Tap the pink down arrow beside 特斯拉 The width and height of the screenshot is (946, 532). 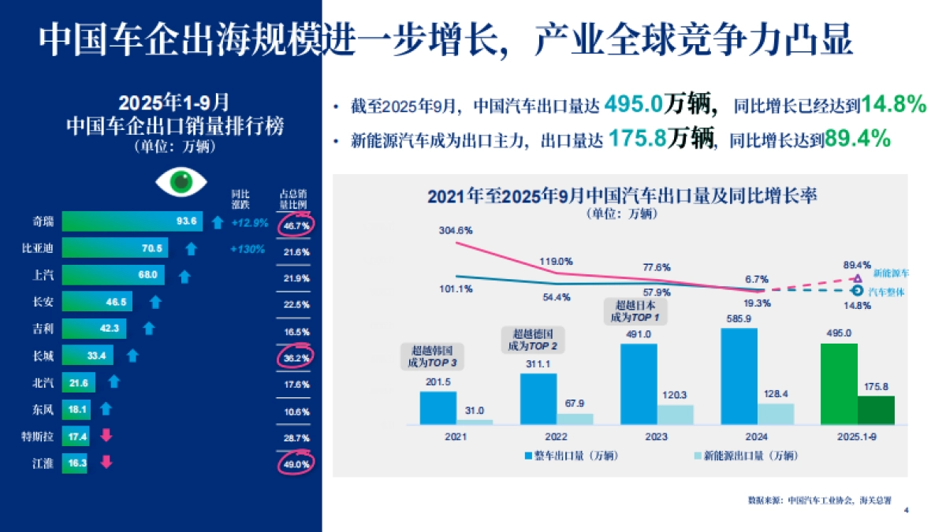(106, 436)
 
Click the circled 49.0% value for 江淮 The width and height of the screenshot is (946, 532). (296, 463)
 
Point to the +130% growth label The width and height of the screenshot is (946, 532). (247, 250)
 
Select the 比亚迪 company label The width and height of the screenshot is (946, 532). (37, 249)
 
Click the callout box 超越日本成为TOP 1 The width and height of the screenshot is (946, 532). (634, 310)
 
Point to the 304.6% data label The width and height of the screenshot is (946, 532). (456, 231)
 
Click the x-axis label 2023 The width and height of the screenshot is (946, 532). (655, 436)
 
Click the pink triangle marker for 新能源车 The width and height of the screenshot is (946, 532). (858, 278)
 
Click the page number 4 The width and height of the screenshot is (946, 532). (907, 511)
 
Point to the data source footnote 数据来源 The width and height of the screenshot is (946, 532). (825, 500)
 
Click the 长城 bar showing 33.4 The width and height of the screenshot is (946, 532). (88, 356)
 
